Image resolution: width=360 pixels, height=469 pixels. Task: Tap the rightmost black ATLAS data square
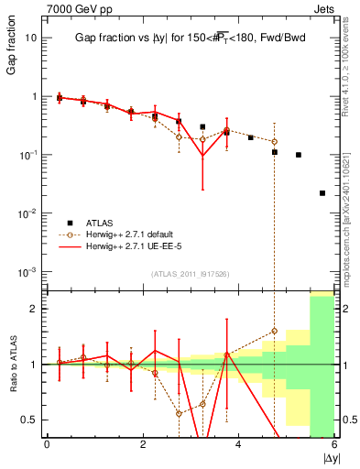322,193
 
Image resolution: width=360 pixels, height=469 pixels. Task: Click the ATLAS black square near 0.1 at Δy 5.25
299,155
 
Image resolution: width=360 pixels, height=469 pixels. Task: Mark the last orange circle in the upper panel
275,142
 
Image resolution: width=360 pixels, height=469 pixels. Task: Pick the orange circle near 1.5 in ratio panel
275,331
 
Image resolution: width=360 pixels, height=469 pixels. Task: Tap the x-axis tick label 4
238,444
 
